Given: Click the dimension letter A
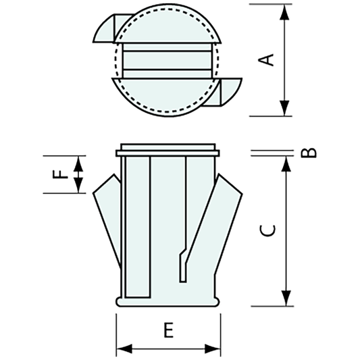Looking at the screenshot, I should point(268,59).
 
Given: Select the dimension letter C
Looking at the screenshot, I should point(268,230).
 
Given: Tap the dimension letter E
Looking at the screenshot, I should point(169,330).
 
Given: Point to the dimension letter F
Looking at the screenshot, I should point(61,174).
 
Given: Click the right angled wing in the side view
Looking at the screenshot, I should point(226,216).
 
